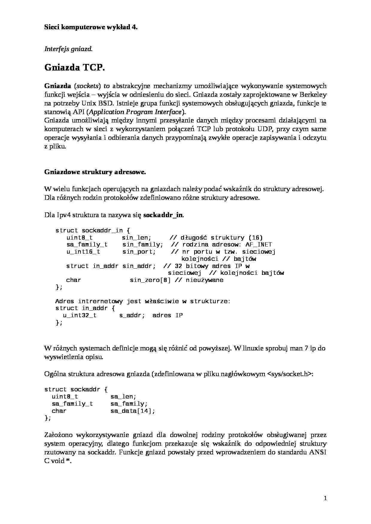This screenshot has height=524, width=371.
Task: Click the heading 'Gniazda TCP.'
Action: click(x=74, y=68)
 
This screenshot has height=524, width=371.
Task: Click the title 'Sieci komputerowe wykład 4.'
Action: click(x=91, y=27)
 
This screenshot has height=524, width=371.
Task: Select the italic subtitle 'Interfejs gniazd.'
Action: click(x=68, y=49)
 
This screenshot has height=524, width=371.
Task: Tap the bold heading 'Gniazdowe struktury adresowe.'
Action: click(x=95, y=172)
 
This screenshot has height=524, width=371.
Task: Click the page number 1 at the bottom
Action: click(x=325, y=498)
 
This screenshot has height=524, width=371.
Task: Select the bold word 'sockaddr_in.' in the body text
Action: click(x=164, y=215)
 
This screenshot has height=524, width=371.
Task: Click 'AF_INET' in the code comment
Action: click(x=259, y=244)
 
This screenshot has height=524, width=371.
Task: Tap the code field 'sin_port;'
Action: click(x=139, y=252)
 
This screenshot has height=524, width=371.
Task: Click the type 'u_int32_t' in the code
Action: click(x=80, y=315)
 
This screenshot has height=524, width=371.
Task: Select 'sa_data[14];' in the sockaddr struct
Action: click(x=133, y=411)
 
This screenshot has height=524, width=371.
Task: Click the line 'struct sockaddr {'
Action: click(x=76, y=389)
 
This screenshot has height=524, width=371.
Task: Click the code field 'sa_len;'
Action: click(x=123, y=396)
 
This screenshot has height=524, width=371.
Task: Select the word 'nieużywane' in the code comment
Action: click(x=204, y=280)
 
